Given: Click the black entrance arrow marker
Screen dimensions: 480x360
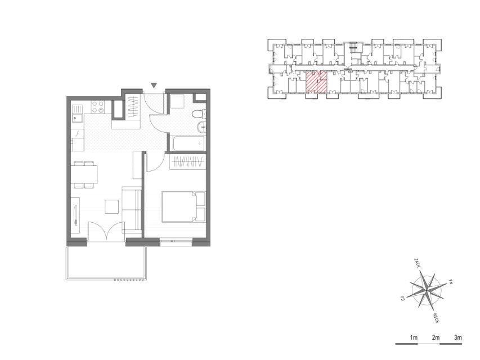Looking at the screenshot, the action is click(154, 85).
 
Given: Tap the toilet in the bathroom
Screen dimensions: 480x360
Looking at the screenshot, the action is click(199, 114).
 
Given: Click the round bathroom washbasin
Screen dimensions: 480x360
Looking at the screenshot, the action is click(201, 127).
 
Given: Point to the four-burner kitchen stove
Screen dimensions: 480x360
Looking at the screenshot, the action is click(98, 107).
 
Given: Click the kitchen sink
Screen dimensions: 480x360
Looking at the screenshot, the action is click(78, 114).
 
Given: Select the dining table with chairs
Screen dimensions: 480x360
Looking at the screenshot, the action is click(84, 174).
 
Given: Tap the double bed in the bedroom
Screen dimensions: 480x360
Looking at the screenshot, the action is click(183, 206).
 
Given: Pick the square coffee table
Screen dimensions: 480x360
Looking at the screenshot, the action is click(112, 206).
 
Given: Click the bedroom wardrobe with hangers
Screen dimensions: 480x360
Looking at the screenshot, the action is click(187, 161).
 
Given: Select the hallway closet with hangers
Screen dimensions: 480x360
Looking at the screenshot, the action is click(133, 108).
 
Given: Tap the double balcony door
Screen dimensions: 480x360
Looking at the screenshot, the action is click(106, 232).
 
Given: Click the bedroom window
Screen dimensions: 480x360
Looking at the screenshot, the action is click(176, 241).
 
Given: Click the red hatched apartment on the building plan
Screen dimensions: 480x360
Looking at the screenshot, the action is click(317, 82).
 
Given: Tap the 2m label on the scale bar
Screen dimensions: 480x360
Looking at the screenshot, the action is click(436, 337).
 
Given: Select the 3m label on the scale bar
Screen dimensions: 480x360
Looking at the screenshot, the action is click(457, 337).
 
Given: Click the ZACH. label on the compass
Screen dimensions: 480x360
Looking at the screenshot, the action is click(416, 263).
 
